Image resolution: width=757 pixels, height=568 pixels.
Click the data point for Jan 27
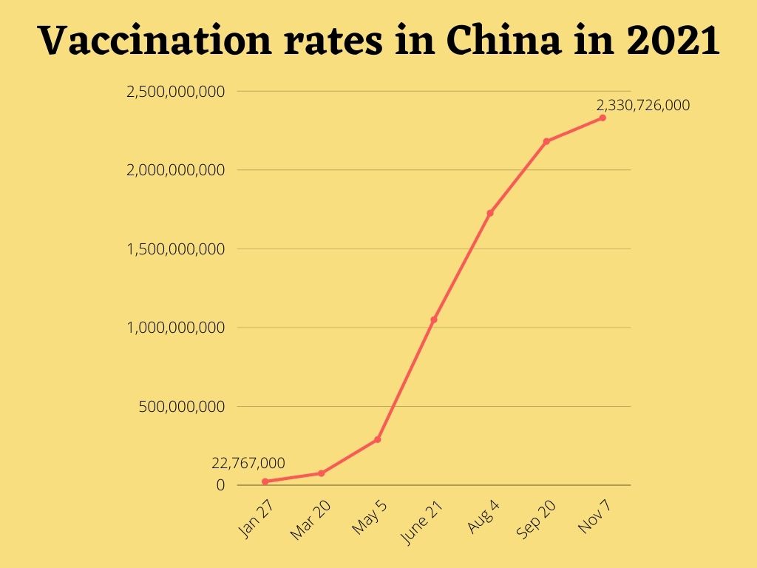[265, 481]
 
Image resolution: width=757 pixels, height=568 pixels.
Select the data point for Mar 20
[322, 473]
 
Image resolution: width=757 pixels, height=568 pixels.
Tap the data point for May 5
[378, 439]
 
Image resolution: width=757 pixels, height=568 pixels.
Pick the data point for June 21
[434, 319]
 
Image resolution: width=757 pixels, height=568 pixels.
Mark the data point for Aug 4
[490, 213]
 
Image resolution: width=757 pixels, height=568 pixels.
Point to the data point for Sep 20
[546, 141]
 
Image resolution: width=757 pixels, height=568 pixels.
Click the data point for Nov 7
[602, 118]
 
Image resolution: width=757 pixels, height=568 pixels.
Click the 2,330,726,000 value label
[643, 105]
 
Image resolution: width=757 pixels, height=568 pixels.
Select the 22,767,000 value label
[248, 463]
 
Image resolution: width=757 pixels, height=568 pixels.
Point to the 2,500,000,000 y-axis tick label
[176, 92]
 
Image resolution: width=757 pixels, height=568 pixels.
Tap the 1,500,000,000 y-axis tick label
[176, 249]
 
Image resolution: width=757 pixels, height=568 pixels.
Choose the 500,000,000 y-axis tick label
[182, 407]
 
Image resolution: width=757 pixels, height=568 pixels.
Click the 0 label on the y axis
[220, 485]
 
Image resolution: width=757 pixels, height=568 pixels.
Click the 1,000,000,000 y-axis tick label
[176, 328]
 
